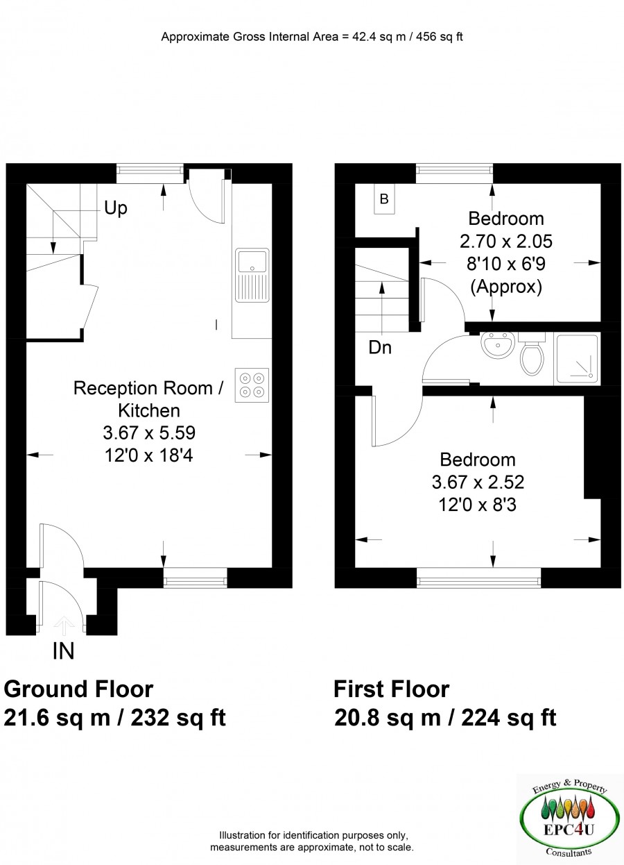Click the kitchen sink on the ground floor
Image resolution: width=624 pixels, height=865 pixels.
[x=252, y=276]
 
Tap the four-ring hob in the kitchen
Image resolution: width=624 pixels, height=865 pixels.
[x=252, y=385]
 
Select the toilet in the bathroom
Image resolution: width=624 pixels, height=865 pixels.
[x=532, y=353]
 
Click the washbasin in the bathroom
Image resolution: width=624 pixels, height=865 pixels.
[x=498, y=345]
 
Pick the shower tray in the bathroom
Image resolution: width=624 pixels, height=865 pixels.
[x=577, y=359]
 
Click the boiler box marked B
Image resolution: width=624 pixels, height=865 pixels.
[x=384, y=199]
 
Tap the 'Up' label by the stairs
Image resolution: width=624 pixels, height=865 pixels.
[x=116, y=208]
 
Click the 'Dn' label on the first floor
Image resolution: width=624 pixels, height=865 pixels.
[x=380, y=348]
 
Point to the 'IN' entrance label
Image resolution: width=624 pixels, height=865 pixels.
[x=64, y=651]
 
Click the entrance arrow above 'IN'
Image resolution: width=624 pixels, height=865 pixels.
[x=64, y=626]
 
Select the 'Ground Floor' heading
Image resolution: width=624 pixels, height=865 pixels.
[x=78, y=689]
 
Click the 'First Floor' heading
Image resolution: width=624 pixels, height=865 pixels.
[x=392, y=689]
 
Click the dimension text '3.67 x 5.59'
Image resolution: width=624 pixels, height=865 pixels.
[x=149, y=433]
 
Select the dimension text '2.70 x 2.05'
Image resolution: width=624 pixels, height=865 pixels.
[x=506, y=242]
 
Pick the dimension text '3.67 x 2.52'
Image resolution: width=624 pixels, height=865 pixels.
[x=478, y=482]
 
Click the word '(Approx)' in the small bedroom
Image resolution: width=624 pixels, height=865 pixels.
[x=506, y=287]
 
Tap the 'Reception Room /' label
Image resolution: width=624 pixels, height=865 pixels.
[x=148, y=388]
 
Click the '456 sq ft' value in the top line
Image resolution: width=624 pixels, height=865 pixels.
[x=440, y=37]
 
